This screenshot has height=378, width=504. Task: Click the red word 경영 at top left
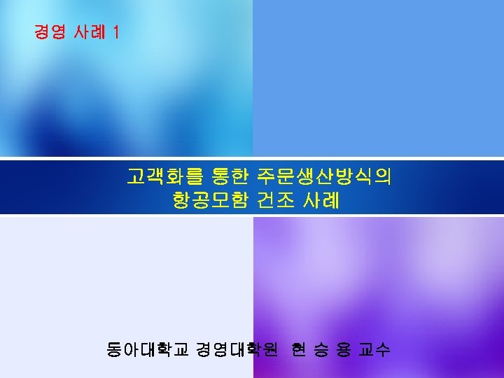pyautogui.click(x=50, y=32)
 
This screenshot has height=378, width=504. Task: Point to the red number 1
pyautogui.click(x=115, y=32)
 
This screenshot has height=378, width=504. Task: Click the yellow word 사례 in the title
pyautogui.click(x=321, y=201)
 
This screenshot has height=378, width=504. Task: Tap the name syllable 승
pyautogui.click(x=321, y=349)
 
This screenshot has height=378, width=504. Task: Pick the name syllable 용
pyautogui.click(x=343, y=349)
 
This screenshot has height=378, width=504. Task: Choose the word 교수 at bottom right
pyautogui.click(x=374, y=349)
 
